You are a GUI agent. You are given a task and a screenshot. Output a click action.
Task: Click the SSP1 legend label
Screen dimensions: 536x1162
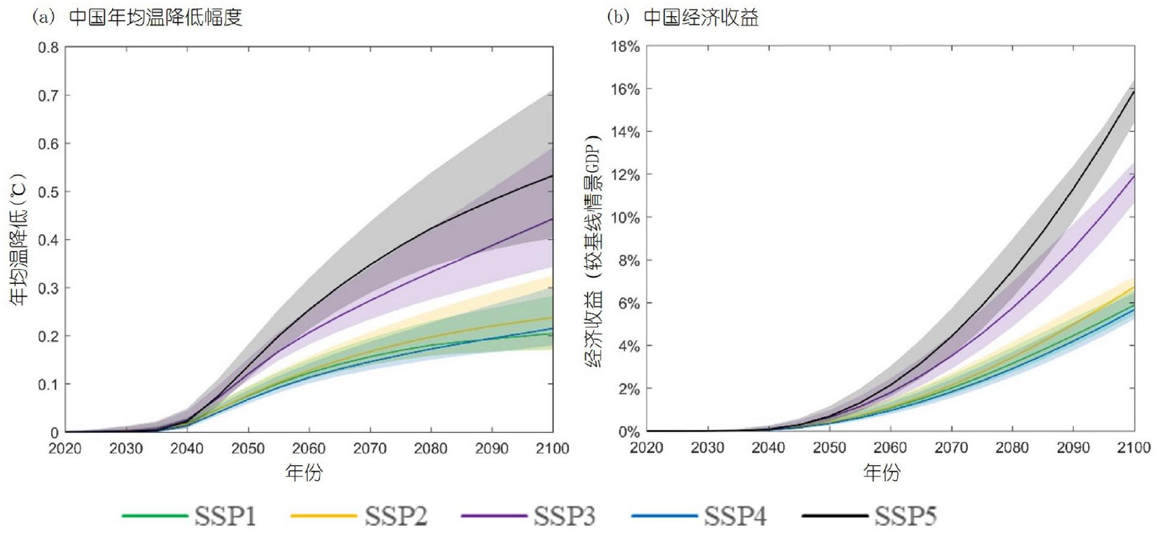[225, 516]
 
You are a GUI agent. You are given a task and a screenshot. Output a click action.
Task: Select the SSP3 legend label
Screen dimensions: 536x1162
[564, 516]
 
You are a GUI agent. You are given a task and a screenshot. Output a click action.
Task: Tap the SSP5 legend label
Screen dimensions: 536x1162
[905, 516]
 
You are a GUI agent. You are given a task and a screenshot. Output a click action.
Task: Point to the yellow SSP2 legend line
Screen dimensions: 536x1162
[323, 516]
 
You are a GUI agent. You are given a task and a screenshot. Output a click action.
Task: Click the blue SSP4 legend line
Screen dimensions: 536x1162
[664, 516]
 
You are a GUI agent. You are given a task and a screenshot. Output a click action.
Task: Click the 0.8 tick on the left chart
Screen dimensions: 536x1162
[49, 48]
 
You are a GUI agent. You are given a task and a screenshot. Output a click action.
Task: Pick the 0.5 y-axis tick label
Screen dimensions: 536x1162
[49, 192]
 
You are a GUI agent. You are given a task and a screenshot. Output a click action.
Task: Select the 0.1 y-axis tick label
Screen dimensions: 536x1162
[49, 385]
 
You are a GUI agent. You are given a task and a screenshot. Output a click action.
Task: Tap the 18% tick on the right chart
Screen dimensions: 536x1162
[625, 47]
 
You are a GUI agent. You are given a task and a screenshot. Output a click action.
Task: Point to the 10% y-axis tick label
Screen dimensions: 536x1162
[625, 218]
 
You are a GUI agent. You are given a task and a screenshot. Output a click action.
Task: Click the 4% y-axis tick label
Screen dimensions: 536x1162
[628, 346]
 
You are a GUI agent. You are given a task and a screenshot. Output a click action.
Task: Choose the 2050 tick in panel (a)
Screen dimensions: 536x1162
[248, 449]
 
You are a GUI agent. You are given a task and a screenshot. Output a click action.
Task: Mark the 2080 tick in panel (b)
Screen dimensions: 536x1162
[1012, 448]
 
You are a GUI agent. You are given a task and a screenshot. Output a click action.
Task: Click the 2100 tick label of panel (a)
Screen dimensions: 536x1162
[552, 449]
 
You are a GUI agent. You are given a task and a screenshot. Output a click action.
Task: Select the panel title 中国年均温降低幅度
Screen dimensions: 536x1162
[156, 17]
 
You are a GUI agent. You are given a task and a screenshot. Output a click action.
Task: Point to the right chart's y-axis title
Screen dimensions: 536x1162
[594, 250]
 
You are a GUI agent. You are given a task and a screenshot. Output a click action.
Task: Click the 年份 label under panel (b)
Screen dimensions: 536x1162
[882, 473]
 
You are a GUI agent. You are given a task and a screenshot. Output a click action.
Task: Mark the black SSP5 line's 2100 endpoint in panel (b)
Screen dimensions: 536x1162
[1133, 91]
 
